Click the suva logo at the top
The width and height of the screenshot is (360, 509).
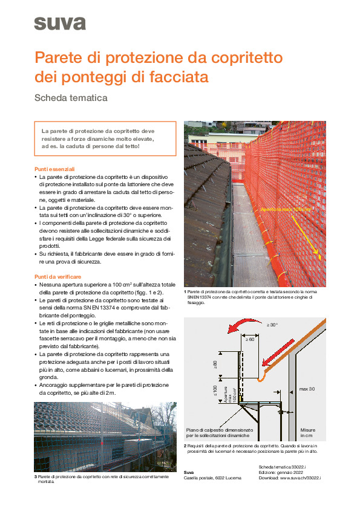tap(59, 24)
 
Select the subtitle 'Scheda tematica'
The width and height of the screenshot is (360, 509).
tap(71, 97)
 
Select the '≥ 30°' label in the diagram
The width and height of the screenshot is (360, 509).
tap(272, 325)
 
